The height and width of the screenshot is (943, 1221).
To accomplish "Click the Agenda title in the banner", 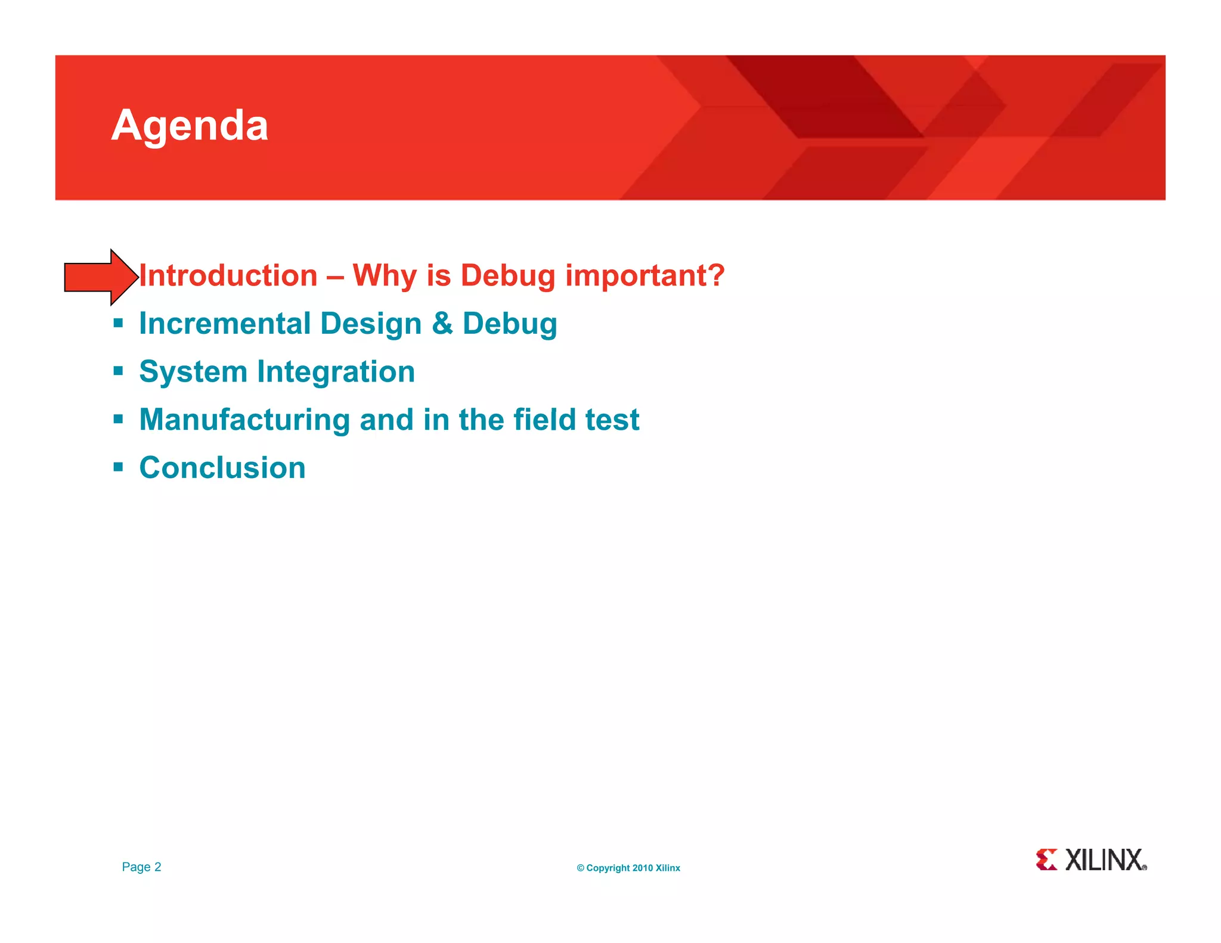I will pyautogui.click(x=190, y=126).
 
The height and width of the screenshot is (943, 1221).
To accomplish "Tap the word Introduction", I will pyautogui.click(x=228, y=276).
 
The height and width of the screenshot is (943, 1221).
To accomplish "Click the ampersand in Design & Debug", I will pyautogui.click(x=442, y=324).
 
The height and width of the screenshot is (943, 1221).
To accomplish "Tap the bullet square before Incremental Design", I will pyautogui.click(x=118, y=324).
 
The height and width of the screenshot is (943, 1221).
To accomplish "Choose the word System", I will pyautogui.click(x=193, y=373).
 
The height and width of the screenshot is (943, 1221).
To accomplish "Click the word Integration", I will pyautogui.click(x=336, y=373).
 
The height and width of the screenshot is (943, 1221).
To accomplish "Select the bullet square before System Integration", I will pyautogui.click(x=118, y=371).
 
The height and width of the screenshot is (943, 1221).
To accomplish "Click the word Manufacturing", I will pyautogui.click(x=244, y=420).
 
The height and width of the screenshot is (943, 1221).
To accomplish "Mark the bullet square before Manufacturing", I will pyautogui.click(x=118, y=420).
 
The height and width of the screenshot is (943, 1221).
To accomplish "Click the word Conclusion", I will pyautogui.click(x=222, y=467).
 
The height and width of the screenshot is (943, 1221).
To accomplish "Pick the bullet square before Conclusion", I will pyautogui.click(x=118, y=467).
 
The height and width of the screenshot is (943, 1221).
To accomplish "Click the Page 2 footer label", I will pyautogui.click(x=141, y=867).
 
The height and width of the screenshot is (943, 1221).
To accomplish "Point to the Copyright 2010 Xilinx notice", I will pyautogui.click(x=628, y=868).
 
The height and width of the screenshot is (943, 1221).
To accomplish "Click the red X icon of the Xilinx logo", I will pyautogui.click(x=1046, y=860).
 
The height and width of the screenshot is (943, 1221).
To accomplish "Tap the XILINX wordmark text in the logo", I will pyautogui.click(x=1105, y=860).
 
